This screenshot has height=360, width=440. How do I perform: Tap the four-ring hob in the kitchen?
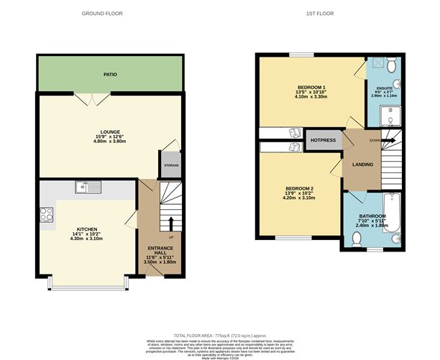pyautogui.click(x=47, y=213)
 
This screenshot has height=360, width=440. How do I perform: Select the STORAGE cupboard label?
pyautogui.click(x=171, y=165)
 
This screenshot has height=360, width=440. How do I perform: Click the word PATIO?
pyautogui.click(x=109, y=73)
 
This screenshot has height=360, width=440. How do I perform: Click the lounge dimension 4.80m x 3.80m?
pyautogui.click(x=109, y=142)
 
